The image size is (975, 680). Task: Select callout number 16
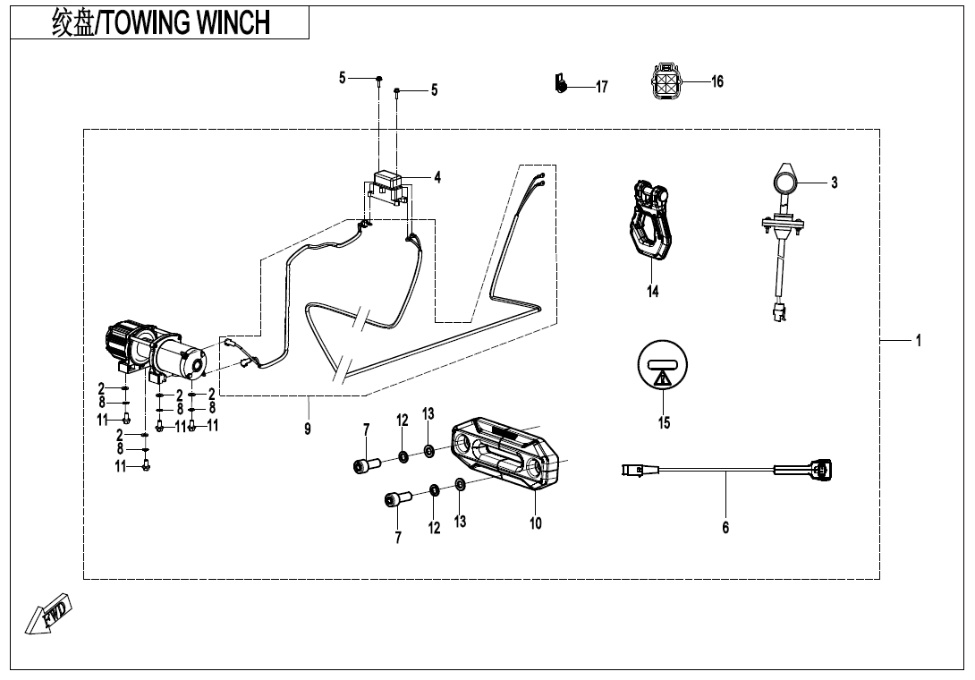pyautogui.click(x=717, y=81)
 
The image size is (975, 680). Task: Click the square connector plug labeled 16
pyautogui.click(x=666, y=81)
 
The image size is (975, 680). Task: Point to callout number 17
pyautogui.click(x=602, y=87)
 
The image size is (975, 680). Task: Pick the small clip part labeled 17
pyautogui.click(x=561, y=83)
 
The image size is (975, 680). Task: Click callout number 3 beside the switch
pyautogui.click(x=834, y=183)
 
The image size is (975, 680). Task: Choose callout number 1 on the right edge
pyautogui.click(x=918, y=341)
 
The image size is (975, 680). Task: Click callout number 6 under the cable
pyautogui.click(x=725, y=528)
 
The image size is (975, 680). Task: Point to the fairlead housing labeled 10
pyautogui.click(x=505, y=454)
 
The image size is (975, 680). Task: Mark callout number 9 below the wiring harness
pyautogui.click(x=308, y=429)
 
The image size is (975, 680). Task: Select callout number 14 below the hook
pyautogui.click(x=653, y=292)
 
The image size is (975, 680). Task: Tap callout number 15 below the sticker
pyautogui.click(x=664, y=423)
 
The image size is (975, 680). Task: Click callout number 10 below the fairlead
pyautogui.click(x=535, y=523)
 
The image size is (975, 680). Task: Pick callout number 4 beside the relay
pyautogui.click(x=437, y=178)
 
